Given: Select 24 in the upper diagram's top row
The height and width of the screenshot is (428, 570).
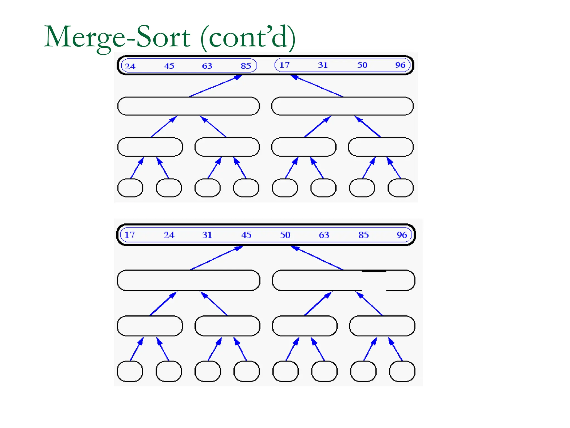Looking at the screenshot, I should [130, 66].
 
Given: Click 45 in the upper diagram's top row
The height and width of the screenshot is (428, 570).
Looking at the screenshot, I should [169, 66].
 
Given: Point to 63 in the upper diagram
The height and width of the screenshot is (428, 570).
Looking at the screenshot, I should [207, 66].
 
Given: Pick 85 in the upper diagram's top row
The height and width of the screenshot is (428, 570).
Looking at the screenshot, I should [246, 66].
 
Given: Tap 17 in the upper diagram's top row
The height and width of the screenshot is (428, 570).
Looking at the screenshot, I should [284, 65].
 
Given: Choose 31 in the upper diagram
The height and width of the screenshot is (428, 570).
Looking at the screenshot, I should [323, 65].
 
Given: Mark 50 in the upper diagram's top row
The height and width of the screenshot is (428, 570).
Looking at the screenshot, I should [362, 65].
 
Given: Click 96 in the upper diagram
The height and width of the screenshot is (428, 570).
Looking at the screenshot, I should [400, 65].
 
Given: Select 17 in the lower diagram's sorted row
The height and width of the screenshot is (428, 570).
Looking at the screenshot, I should [129, 235].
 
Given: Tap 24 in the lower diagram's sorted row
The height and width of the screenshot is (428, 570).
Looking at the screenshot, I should [169, 235].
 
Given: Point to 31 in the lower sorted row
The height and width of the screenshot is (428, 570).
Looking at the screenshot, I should [207, 235].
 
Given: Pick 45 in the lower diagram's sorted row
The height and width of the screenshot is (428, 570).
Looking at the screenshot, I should [246, 235].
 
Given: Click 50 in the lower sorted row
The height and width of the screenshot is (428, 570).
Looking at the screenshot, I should [285, 235].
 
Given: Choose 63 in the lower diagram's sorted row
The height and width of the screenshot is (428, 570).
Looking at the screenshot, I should [324, 235].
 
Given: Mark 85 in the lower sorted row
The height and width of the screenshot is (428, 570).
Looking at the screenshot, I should [363, 235].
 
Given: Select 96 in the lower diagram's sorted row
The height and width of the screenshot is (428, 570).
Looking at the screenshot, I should [402, 235].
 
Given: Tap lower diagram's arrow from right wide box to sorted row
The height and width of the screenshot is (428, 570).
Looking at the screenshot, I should [317, 258].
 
